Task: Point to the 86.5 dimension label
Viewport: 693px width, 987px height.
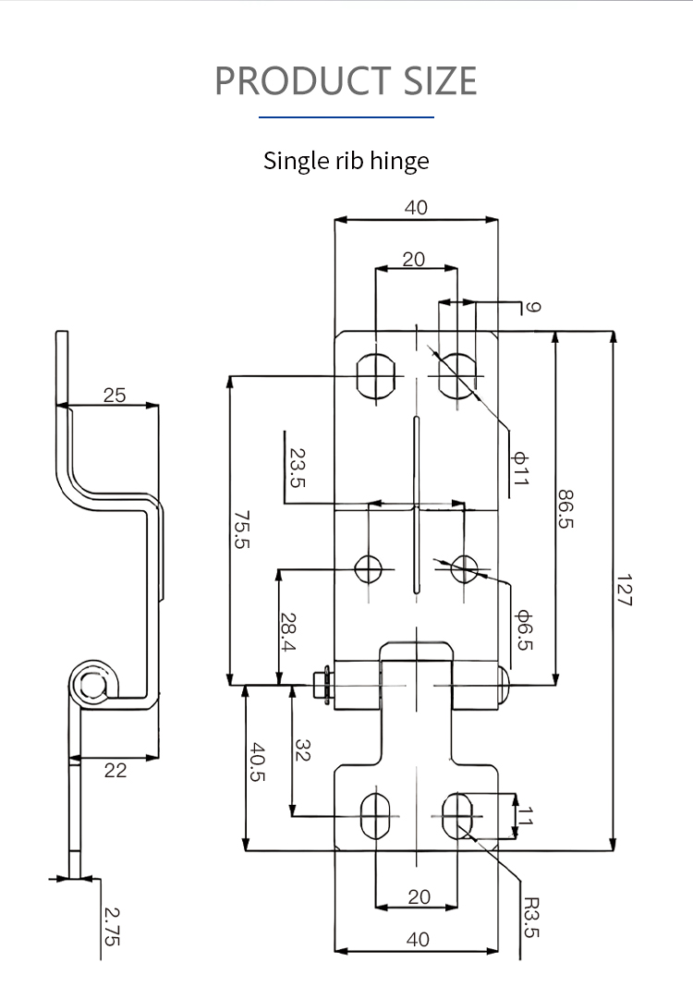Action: (x=565, y=508)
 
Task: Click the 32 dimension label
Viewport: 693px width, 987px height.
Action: (x=303, y=749)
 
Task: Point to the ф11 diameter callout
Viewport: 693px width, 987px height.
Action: (x=520, y=469)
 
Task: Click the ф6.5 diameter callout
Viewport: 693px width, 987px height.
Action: (x=523, y=629)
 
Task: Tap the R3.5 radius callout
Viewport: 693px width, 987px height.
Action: (x=530, y=917)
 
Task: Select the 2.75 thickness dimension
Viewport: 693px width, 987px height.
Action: (x=111, y=925)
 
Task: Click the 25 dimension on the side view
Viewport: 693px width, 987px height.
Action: (x=115, y=395)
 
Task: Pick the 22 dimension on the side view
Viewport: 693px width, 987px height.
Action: (x=115, y=770)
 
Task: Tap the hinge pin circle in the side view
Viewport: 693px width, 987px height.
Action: (x=91, y=685)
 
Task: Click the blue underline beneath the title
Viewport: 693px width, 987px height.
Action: (x=346, y=117)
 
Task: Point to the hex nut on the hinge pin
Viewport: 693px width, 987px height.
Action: (x=322, y=685)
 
